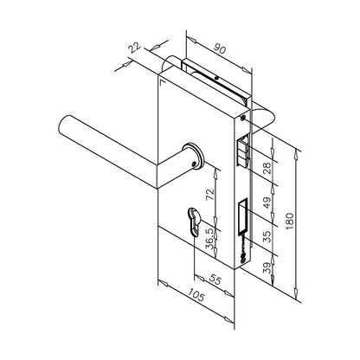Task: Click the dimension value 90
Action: coord(220,48)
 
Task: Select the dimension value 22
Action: coord(135,48)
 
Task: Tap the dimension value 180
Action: coord(291,222)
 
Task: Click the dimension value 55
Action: coord(215,279)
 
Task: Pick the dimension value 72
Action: coord(210,194)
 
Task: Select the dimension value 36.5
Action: coord(210,239)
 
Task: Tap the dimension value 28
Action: coord(267,169)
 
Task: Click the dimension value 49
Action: coord(267,202)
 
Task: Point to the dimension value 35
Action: coord(267,236)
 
